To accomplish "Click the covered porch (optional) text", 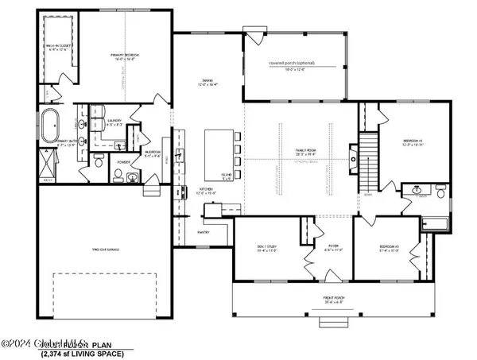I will click(x=295, y=64).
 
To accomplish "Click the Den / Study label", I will click(x=266, y=249).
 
